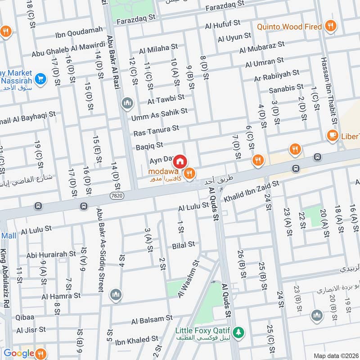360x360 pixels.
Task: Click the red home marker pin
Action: point(180,161)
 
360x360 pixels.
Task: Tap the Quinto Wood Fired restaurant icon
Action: point(331,27)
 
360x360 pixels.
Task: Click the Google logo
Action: point(19,353)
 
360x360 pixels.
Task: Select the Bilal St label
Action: point(183,244)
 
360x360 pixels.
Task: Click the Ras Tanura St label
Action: point(156,131)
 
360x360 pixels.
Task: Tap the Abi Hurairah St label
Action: point(51,254)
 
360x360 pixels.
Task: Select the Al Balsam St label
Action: point(152,319)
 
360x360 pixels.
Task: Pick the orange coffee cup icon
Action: point(333,136)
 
